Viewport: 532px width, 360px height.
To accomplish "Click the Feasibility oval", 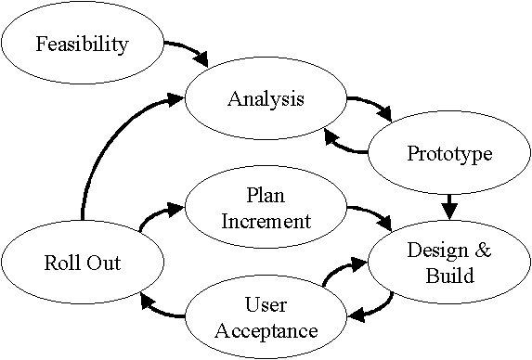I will pos(82,44).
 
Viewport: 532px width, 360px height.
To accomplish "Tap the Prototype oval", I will pos(448,153).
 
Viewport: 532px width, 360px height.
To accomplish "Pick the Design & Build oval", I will pos(448,263).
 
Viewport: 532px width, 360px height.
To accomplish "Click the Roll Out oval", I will pos(82,263).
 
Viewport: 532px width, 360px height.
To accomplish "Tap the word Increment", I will pos(265,221).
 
